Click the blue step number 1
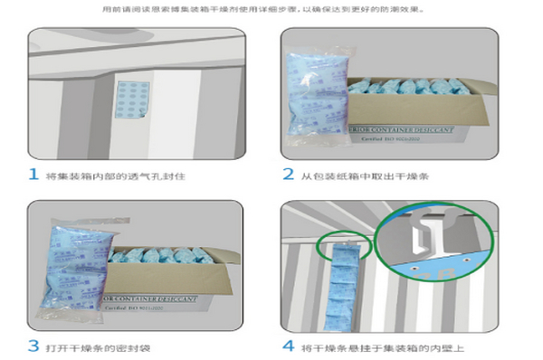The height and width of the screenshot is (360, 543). [33, 175]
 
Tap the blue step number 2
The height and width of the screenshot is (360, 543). [288, 175]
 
